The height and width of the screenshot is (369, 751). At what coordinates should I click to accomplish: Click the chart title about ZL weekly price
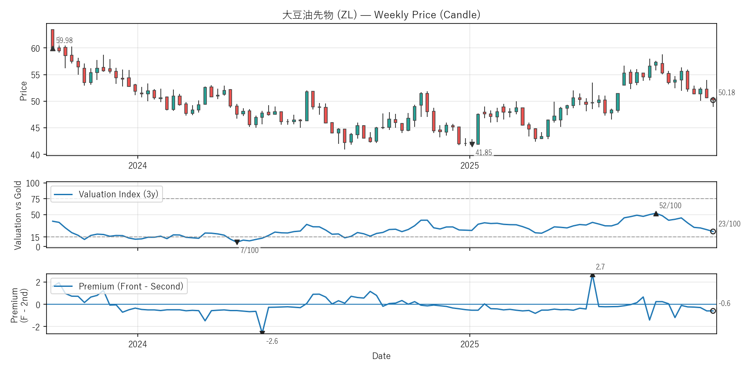[381, 15]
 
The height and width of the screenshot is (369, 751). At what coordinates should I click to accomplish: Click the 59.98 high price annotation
[64, 40]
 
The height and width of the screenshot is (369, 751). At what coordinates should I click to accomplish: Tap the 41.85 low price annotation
[484, 153]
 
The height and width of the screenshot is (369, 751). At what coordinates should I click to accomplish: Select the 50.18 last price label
[727, 93]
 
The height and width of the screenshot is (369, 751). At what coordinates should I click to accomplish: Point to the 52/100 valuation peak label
[670, 206]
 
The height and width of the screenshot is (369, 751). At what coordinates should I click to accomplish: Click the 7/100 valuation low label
[249, 250]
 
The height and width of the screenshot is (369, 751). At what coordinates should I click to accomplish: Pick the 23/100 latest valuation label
[729, 224]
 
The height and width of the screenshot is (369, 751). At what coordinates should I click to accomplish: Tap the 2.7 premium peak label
[600, 267]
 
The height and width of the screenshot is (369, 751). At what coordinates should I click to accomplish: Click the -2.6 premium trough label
[272, 341]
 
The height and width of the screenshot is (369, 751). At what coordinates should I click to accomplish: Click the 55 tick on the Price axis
[35, 75]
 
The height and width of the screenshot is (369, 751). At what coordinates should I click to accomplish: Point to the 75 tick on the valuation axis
[35, 199]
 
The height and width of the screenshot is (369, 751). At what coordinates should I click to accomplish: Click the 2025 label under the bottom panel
[469, 344]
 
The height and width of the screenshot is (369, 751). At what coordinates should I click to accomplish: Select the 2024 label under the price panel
[137, 166]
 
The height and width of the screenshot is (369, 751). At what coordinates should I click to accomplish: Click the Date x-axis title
[381, 356]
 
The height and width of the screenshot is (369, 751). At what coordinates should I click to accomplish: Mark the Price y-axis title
[23, 91]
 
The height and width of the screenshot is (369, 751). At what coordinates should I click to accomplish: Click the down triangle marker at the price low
[472, 144]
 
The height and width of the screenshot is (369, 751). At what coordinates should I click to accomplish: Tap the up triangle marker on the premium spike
[592, 275]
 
